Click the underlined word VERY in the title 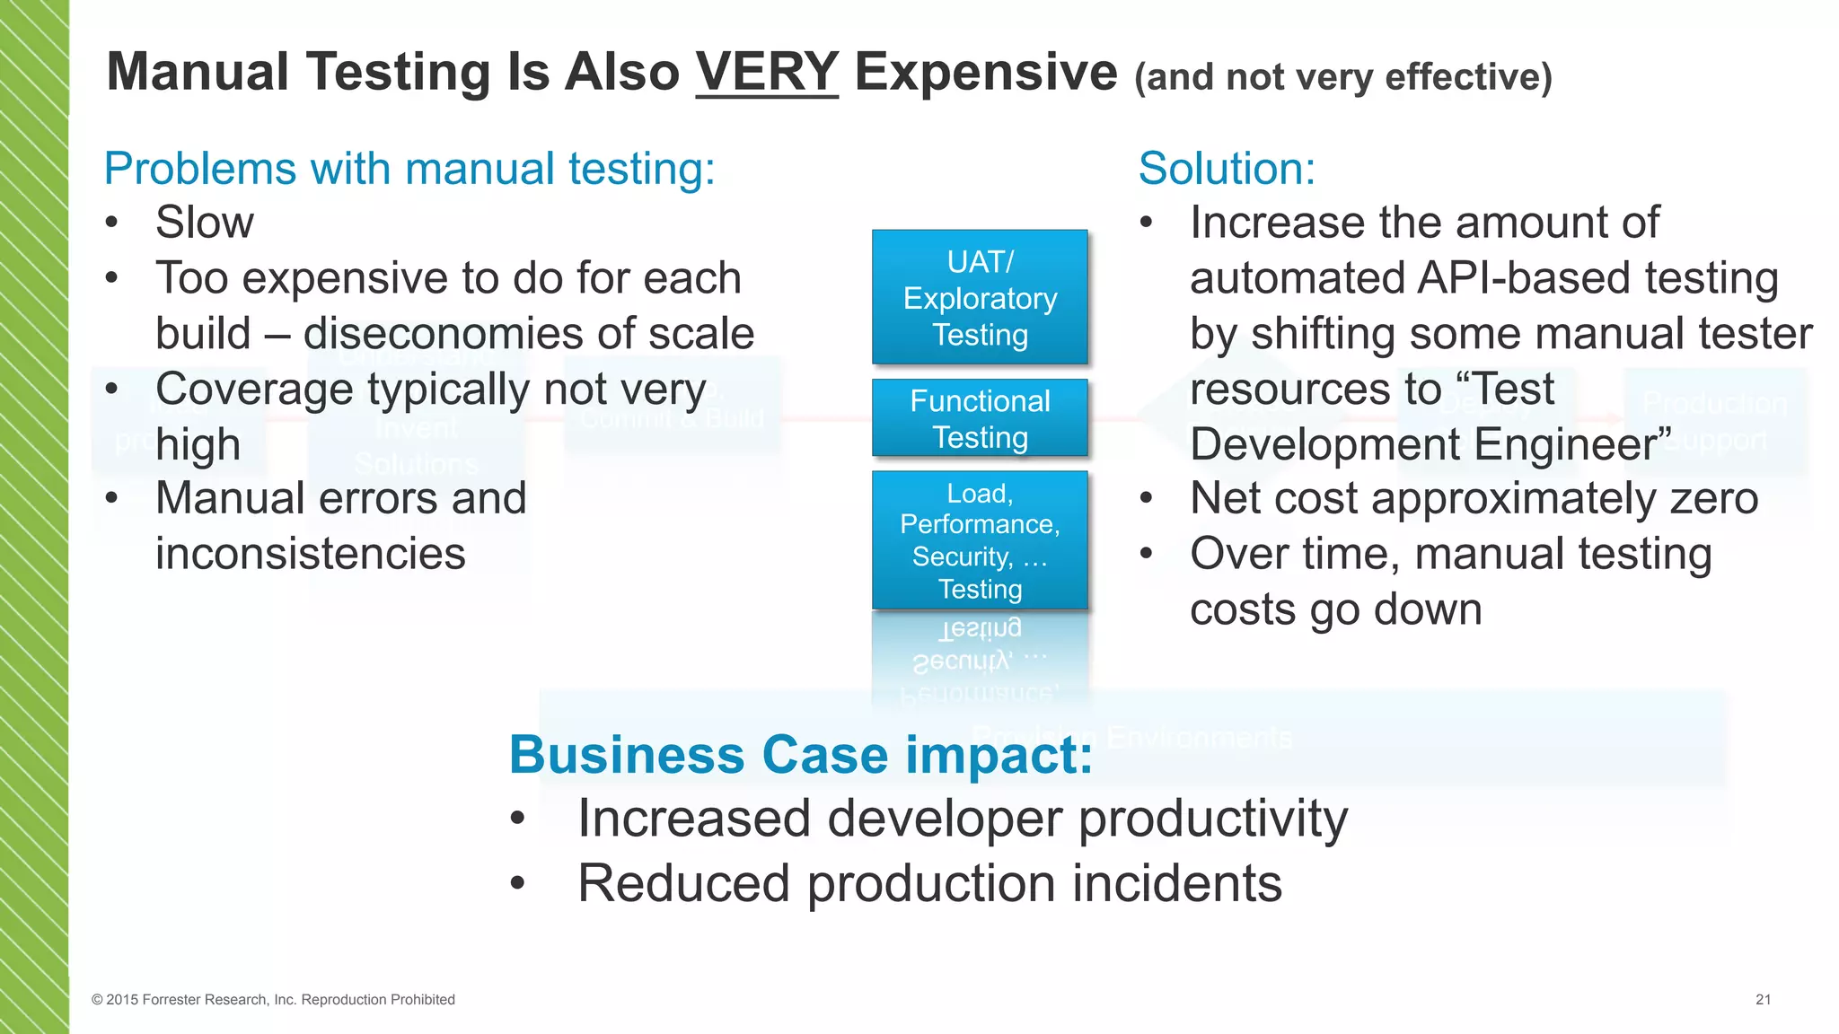tap(766, 72)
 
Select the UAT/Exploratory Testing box tap(980, 297)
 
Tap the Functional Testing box tap(980, 418)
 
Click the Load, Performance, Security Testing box tap(980, 540)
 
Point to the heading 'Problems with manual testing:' tap(409, 169)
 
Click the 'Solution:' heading tap(1227, 169)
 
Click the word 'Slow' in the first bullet tap(205, 223)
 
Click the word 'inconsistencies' tap(311, 554)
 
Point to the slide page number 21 tap(1763, 1000)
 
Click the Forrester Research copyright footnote tap(273, 1000)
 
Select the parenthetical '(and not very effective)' tap(1342, 77)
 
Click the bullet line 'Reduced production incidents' tap(929, 883)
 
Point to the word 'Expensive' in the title tap(985, 72)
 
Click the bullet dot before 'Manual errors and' tap(111, 498)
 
